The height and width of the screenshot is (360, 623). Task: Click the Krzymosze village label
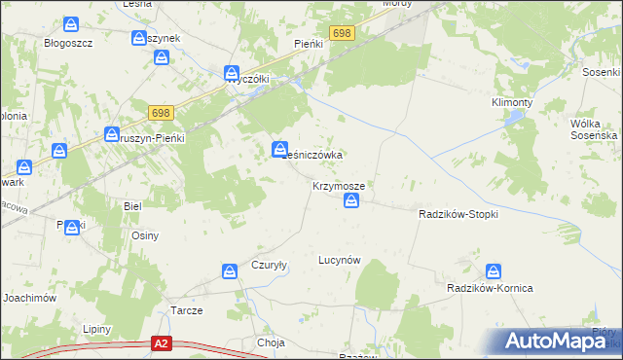pyautogui.click(x=339, y=185)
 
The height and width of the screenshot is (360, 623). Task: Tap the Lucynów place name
pyautogui.click(x=340, y=260)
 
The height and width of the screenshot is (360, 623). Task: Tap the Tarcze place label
pyautogui.click(x=187, y=310)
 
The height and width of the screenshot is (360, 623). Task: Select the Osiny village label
pyautogui.click(x=144, y=235)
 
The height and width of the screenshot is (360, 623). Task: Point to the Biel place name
pyautogui.click(x=132, y=206)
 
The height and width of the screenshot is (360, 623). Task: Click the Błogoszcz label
pyautogui.click(x=68, y=43)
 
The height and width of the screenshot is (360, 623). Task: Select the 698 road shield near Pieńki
pyautogui.click(x=341, y=33)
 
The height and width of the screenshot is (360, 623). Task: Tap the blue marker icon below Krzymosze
pyautogui.click(x=352, y=201)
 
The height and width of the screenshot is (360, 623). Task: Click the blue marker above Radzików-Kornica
pyautogui.click(x=495, y=271)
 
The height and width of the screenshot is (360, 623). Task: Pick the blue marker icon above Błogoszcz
pyautogui.click(x=71, y=25)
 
